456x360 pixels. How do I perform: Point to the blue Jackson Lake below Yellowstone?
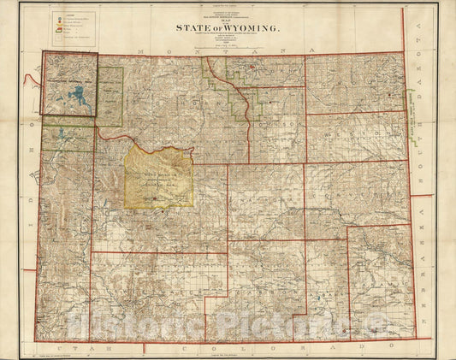62,134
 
